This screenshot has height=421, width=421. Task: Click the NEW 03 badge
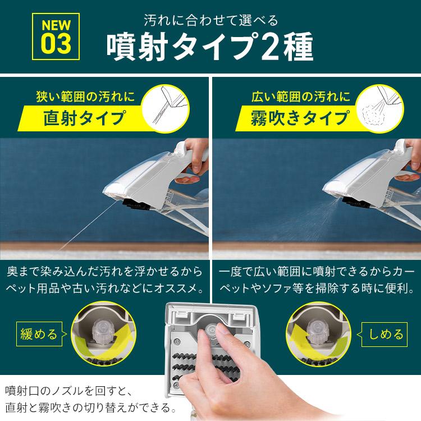point(56,36)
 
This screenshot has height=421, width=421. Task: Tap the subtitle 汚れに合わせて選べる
point(211,20)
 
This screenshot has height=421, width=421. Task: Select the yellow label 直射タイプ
point(84,118)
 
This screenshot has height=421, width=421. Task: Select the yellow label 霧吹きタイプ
point(300,118)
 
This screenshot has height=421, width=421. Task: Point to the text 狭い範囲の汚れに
point(85,97)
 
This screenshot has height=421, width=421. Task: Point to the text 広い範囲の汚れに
point(301,97)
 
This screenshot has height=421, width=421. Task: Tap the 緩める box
point(39,335)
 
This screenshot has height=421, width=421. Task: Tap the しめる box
point(385,335)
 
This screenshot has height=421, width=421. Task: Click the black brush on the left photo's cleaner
point(136,204)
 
